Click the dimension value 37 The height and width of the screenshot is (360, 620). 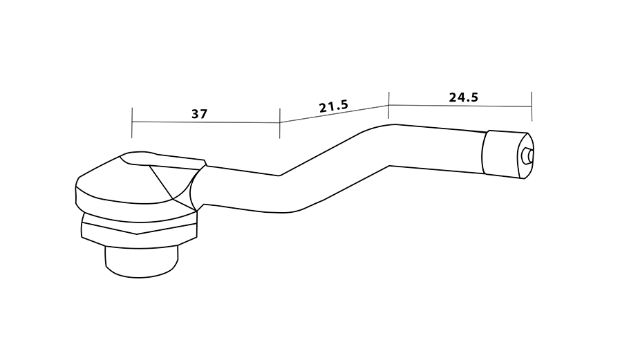199,114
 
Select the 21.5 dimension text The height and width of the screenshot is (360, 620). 333,107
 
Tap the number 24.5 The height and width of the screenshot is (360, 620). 463,97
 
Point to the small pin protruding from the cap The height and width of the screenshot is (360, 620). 528,155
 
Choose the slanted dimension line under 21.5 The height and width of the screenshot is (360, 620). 335,114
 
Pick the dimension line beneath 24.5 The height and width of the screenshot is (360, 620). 460,106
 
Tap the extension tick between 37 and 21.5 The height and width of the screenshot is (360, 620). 279,123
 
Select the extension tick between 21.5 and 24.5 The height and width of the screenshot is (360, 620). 389,104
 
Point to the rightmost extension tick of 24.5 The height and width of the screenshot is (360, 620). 531,106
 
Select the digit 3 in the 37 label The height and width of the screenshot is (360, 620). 195,114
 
